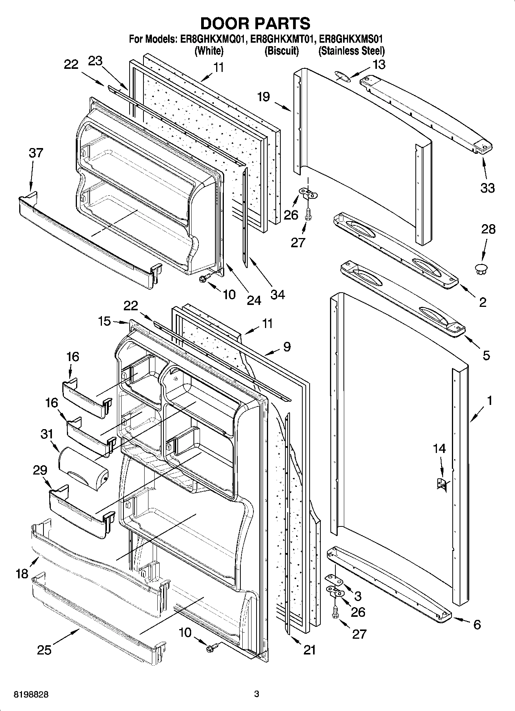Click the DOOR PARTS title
[x=255, y=23]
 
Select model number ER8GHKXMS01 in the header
[x=351, y=39]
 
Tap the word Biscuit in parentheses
[x=282, y=51]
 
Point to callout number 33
[x=487, y=188]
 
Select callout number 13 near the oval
[x=379, y=64]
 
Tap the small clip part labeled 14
[x=442, y=483]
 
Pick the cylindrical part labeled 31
[x=83, y=465]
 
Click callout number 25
[x=44, y=650]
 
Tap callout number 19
[x=263, y=97]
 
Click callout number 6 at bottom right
[x=477, y=625]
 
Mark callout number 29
[x=40, y=470]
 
